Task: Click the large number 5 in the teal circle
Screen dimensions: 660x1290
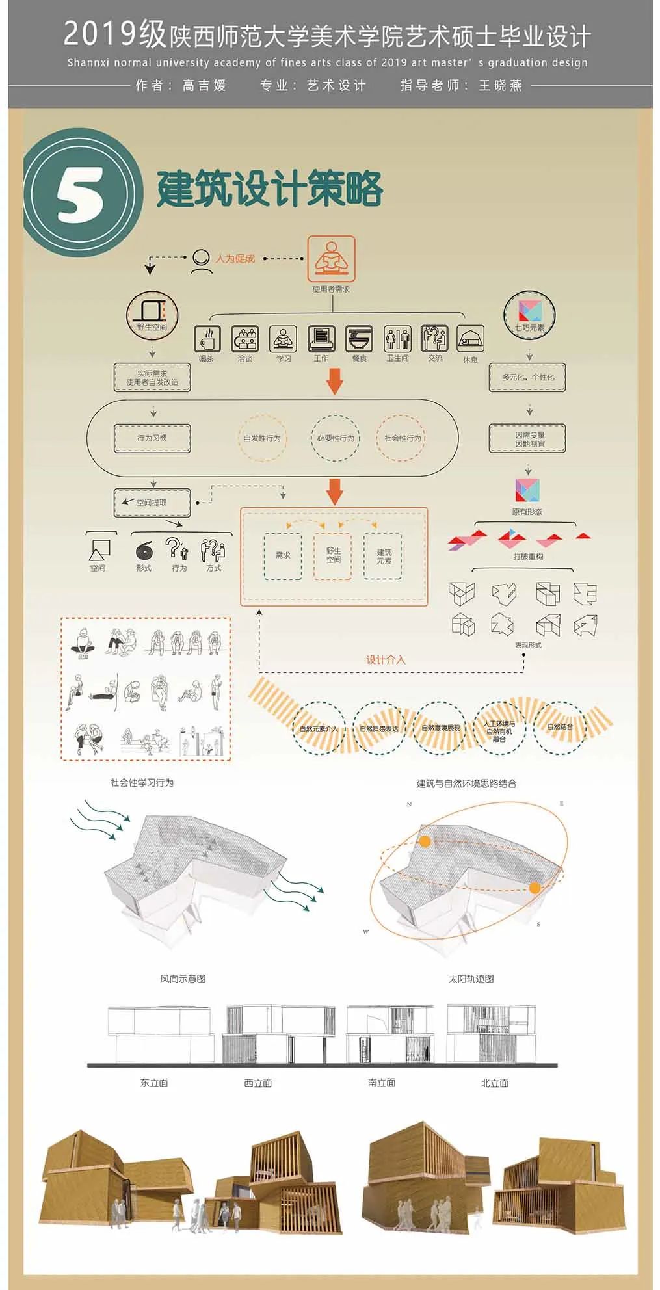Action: pyautogui.click(x=81, y=194)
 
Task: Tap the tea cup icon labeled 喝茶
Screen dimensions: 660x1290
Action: pyautogui.click(x=207, y=339)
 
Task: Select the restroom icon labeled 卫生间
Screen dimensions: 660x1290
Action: pyautogui.click(x=397, y=339)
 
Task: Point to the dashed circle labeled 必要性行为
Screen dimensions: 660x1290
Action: pyautogui.click(x=336, y=438)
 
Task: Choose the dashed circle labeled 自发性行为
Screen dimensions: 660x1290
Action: pyautogui.click(x=262, y=438)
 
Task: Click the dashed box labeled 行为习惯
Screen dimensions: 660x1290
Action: pyautogui.click(x=152, y=438)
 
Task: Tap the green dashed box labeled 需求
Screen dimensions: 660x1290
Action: pyautogui.click(x=283, y=555)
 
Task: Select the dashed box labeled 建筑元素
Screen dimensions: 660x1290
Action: pyautogui.click(x=384, y=555)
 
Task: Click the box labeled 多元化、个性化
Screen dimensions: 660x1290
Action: pyautogui.click(x=528, y=377)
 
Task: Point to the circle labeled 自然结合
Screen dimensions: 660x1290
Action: pyautogui.click(x=560, y=728)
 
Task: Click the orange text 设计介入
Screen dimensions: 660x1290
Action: pyautogui.click(x=385, y=660)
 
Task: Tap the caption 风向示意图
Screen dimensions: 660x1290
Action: pyautogui.click(x=183, y=979)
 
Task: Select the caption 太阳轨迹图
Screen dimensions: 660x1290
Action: pyautogui.click(x=471, y=979)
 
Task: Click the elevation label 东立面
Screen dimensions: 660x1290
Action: pyautogui.click(x=154, y=1083)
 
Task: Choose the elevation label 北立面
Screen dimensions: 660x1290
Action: pyautogui.click(x=494, y=1083)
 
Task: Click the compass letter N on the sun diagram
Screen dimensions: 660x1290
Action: pyautogui.click(x=409, y=805)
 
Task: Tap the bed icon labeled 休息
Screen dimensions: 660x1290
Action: pyautogui.click(x=470, y=339)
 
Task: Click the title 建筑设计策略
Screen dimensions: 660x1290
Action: pyautogui.click(x=270, y=189)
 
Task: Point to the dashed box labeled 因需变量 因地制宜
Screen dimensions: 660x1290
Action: pyautogui.click(x=528, y=439)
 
